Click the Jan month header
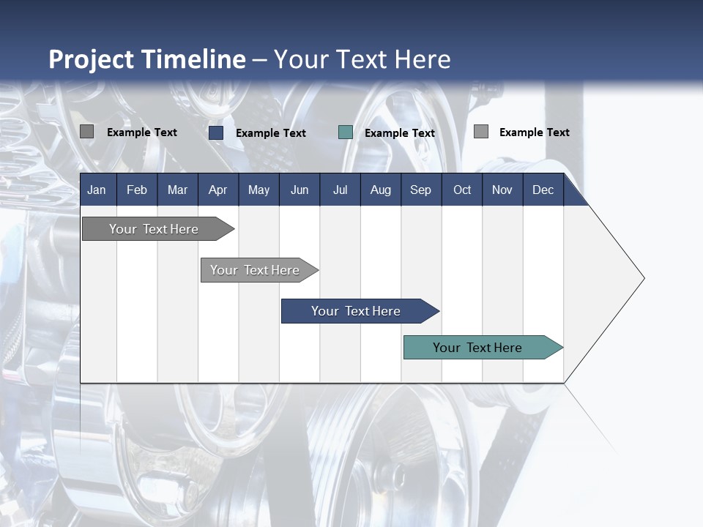coord(97,190)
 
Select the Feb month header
coord(137,190)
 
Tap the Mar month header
coord(177,190)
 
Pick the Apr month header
coord(217,190)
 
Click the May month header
coord(258,190)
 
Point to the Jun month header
coord(300,190)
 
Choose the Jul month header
coord(340,190)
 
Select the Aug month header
coord(380,190)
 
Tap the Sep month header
coord(420,190)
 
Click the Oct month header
coord(462,190)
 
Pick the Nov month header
coord(502,190)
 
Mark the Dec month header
coord(543,190)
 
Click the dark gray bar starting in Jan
coord(155,229)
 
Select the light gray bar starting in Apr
coord(256,270)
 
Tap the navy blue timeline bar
coord(357,311)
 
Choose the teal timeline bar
coord(478,348)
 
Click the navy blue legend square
coord(216,132)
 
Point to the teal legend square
coord(346,132)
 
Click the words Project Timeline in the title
coord(146,59)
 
